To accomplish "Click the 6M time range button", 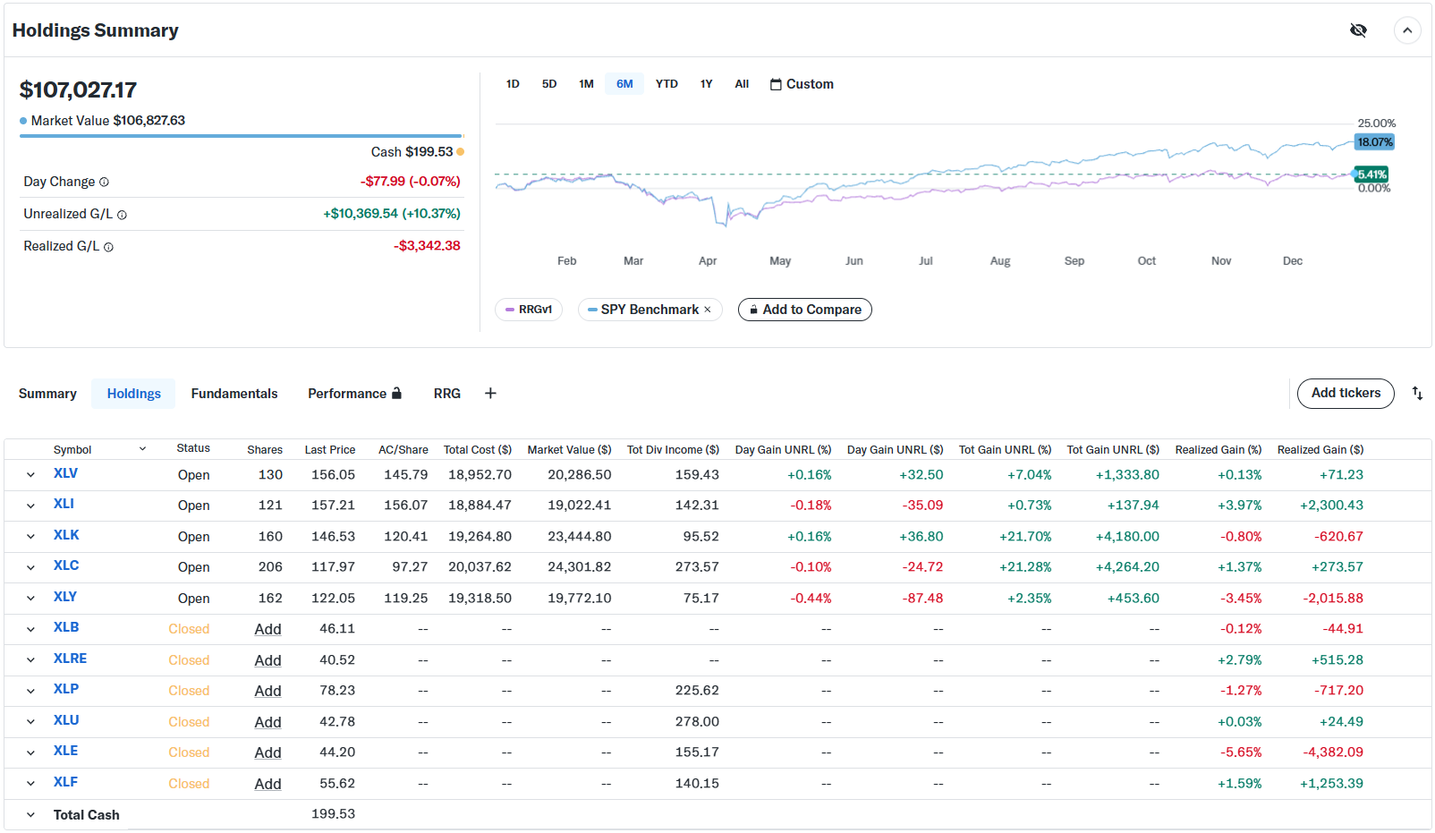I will (624, 84).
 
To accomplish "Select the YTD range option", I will (667, 84).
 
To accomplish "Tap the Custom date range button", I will (802, 84).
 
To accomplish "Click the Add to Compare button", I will (804, 310).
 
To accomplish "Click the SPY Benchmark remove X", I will (708, 310).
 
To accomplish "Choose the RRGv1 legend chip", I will (529, 310).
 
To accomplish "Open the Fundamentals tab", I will (234, 394).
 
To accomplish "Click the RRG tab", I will (447, 394).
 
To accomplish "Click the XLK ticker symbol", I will (66, 535).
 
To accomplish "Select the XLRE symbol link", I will (70, 659).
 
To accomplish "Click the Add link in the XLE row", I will (267, 752).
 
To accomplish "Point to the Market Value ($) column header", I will (569, 450).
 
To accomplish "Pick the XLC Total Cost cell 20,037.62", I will (480, 567).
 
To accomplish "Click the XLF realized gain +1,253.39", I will (1331, 784).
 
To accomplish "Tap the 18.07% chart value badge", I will (1374, 142).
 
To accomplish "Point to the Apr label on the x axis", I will (708, 261).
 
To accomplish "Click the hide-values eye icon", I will (1358, 30).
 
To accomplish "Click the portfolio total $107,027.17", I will (78, 89).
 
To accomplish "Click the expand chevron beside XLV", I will (30, 475).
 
